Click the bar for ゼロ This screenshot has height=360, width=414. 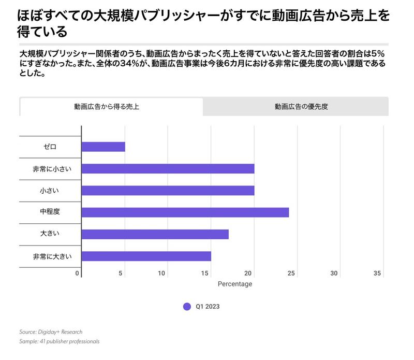tap(103, 147)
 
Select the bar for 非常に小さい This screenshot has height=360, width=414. tap(168, 169)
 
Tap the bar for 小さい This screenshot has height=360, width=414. tap(168, 191)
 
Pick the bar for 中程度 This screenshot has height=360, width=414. tap(185, 212)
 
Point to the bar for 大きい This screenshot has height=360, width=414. tap(155, 234)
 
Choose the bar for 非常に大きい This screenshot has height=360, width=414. tap(146, 256)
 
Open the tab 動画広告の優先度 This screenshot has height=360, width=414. tap(301, 107)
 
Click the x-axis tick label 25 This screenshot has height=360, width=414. tap(292, 273)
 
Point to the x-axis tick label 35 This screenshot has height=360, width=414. tap(378, 273)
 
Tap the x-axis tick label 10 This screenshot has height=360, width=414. tap(162, 273)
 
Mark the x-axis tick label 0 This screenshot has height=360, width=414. tap(77, 273)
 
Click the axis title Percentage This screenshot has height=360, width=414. tap(234, 284)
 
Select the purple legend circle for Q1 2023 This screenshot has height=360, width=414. tap(187, 307)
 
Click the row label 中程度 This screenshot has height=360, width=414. tap(50, 212)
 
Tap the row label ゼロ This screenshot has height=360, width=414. tap(50, 147)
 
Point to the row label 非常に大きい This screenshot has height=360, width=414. tap(50, 256)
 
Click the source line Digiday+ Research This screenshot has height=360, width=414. tap(51, 332)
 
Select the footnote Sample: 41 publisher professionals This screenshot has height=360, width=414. tap(59, 342)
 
